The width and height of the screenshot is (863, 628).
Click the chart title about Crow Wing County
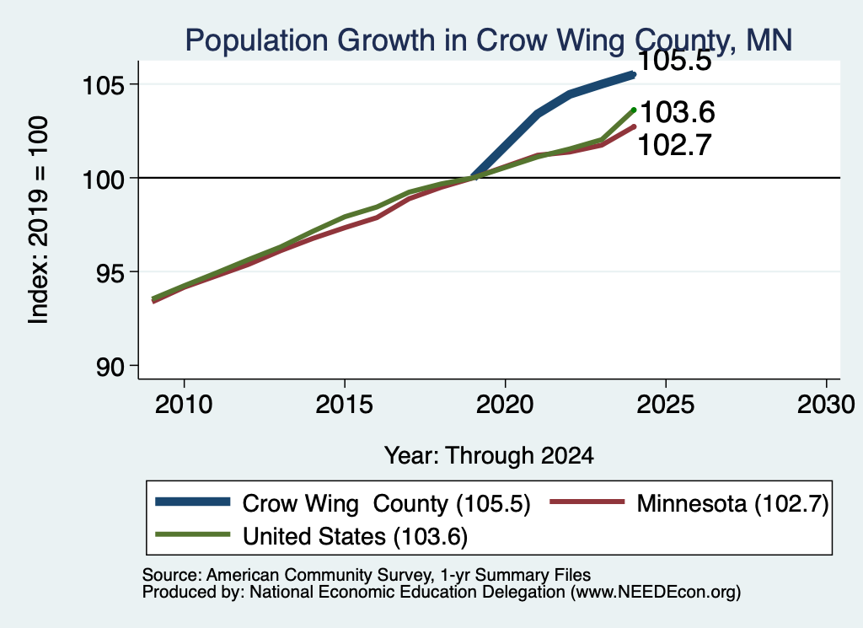pyautogui.click(x=489, y=40)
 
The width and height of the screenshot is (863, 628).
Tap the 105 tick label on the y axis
pyautogui.click(x=103, y=85)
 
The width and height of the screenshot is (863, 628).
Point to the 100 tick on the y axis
pyautogui.click(x=103, y=179)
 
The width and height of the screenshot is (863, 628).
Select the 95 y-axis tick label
pyautogui.click(x=110, y=272)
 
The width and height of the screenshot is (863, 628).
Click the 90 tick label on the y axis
pyautogui.click(x=110, y=367)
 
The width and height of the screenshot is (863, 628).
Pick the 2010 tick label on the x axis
pyautogui.click(x=184, y=405)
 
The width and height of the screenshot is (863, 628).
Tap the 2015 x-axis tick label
pyautogui.click(x=345, y=405)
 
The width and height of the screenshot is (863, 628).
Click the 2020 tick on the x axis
pyautogui.click(x=506, y=405)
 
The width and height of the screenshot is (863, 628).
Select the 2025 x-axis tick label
pyautogui.click(x=666, y=405)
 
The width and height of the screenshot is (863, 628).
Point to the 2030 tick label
pyautogui.click(x=826, y=405)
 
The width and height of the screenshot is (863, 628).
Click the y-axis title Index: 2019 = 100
pyautogui.click(x=39, y=220)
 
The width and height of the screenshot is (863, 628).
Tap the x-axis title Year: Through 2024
pyautogui.click(x=490, y=456)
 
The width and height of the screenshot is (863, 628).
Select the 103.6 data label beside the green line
pyautogui.click(x=678, y=112)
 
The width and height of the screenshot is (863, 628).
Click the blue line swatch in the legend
pyautogui.click(x=193, y=502)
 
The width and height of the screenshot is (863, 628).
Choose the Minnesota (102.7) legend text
pyautogui.click(x=732, y=503)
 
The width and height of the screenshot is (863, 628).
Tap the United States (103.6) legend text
pyautogui.click(x=356, y=536)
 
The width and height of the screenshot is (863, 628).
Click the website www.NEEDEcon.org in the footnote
pyautogui.click(x=655, y=593)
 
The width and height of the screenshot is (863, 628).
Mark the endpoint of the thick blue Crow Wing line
pyautogui.click(x=634, y=74)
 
